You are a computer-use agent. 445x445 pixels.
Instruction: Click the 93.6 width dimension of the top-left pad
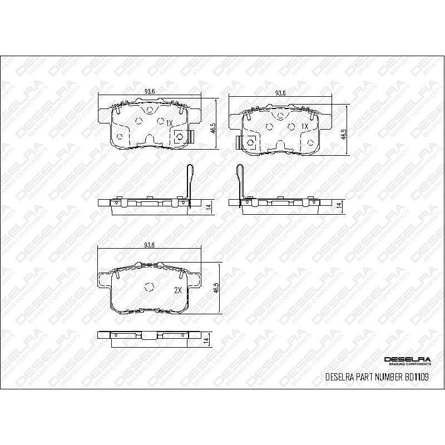(x=149, y=92)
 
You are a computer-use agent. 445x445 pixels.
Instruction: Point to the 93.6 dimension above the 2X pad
(x=149, y=245)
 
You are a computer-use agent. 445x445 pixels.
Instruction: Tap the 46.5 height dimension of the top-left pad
(x=212, y=129)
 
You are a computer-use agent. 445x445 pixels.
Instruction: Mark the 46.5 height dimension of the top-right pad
(x=344, y=133)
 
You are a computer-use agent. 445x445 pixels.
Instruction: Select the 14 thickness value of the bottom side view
(x=206, y=340)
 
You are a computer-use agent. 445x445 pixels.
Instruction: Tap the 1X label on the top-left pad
(x=170, y=123)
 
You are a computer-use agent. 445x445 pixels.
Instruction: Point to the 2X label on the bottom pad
(x=178, y=290)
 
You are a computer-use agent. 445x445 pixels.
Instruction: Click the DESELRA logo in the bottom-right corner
(x=407, y=360)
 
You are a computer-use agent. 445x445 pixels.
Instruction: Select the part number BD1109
(x=417, y=377)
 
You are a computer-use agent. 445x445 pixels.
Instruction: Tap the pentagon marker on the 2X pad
(x=149, y=287)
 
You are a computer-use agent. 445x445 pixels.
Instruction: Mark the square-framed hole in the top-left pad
(x=180, y=137)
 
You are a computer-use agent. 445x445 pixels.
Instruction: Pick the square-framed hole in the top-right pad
(x=250, y=143)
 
